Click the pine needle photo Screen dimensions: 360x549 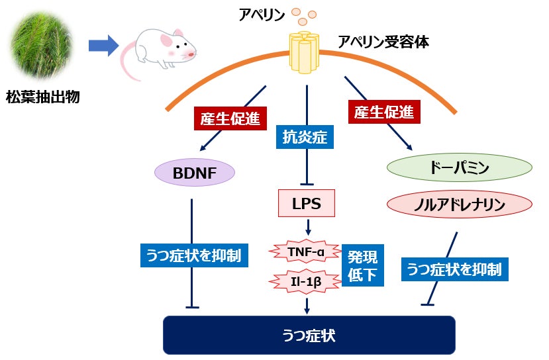42,46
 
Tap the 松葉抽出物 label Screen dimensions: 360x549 42,97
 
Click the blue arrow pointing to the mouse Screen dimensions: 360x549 103,46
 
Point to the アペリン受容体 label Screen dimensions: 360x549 383,42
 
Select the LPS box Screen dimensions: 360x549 307,204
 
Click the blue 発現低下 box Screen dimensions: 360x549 362,266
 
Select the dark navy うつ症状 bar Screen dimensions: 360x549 309,335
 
